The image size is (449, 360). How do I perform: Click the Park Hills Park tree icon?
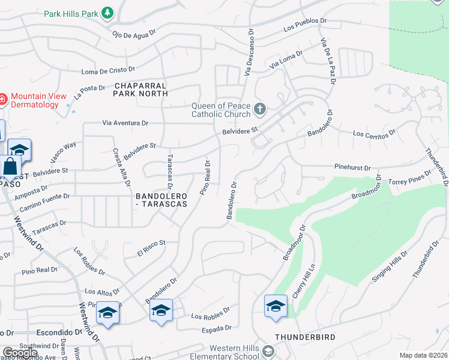click(x=107, y=13)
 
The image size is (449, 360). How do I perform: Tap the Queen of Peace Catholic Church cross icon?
click(x=259, y=109)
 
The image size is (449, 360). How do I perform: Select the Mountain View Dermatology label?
click(x=35, y=100)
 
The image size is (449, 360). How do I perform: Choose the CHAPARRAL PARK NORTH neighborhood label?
click(x=140, y=89)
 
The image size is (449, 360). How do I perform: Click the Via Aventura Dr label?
click(x=125, y=123)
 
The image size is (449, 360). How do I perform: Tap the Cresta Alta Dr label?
click(x=121, y=169)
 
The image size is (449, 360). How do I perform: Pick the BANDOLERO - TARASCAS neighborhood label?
click(x=161, y=200)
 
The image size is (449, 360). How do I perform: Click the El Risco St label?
click(x=151, y=248)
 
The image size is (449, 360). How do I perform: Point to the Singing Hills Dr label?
click(x=390, y=265)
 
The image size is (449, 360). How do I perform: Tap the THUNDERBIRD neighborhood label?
click(x=305, y=338)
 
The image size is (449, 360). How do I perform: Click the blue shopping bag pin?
click(x=10, y=167)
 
